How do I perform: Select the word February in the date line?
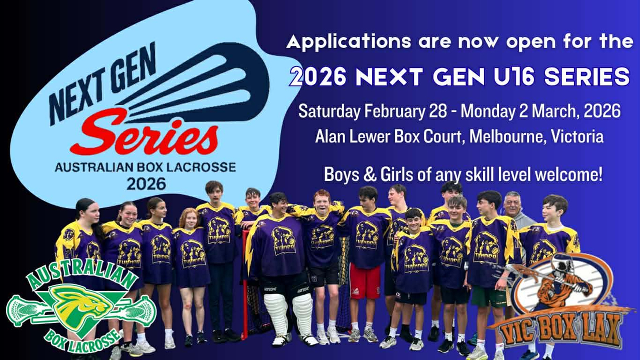click(x=394, y=111)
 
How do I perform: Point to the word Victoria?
click(x=577, y=136)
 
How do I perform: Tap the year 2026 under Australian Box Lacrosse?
click(x=146, y=183)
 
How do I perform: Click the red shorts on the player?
click(x=365, y=281)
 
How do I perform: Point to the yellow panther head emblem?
click(x=81, y=307)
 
